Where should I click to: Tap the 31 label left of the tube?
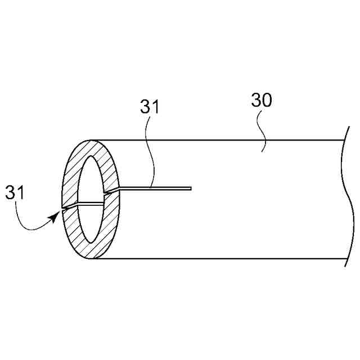point(15,192)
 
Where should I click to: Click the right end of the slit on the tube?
point(191,188)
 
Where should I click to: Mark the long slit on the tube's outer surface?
point(157,188)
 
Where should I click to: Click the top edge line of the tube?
point(225,139)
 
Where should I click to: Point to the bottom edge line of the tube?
point(225,259)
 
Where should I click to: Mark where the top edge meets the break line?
point(344,139)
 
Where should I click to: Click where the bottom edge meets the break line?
point(345,259)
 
